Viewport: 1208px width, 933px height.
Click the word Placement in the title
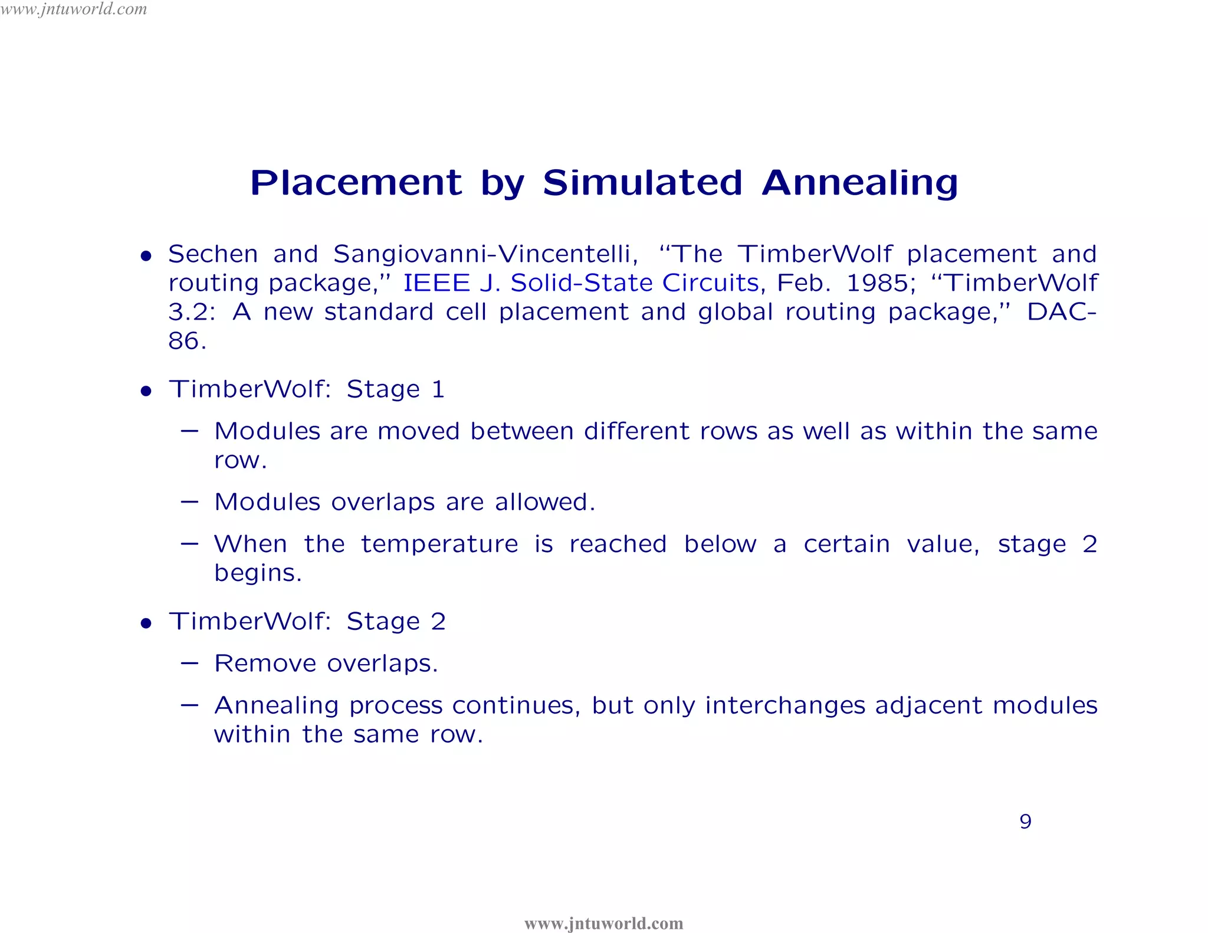[x=356, y=183]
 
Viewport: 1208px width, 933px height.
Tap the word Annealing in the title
[x=860, y=183]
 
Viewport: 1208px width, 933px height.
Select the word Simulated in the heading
[x=642, y=183]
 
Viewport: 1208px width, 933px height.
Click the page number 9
[x=1025, y=821]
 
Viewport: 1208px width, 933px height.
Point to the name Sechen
[x=213, y=254]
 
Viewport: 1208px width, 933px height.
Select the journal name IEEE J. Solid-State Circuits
[x=580, y=283]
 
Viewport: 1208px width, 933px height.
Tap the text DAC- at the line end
[x=1061, y=312]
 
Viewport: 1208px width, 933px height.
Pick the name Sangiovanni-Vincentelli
[x=485, y=254]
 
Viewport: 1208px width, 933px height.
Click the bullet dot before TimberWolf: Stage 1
[x=146, y=391]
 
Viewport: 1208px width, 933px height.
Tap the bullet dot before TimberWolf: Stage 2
[x=146, y=623]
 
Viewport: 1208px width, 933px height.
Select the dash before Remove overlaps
[x=189, y=663]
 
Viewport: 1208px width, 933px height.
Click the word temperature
[x=439, y=544]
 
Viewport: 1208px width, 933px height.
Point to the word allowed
[x=544, y=502]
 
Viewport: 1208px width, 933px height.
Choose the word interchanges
[x=784, y=705]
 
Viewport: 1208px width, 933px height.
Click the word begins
[x=258, y=573]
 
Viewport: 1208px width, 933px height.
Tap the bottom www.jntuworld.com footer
[x=603, y=923]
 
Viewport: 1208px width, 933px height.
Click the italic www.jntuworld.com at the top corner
[x=74, y=9]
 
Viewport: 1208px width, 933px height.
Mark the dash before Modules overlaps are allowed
[x=189, y=501]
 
